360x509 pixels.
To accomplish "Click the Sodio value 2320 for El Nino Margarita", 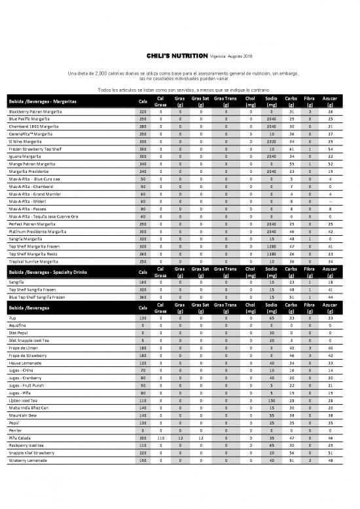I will [x=271, y=141].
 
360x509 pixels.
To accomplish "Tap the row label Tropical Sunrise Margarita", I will [x=36, y=261].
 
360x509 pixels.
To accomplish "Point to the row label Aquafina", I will [x=18, y=326].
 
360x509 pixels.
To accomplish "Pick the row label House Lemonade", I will [x=26, y=362].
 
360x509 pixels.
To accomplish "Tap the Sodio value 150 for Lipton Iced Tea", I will [x=271, y=399].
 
